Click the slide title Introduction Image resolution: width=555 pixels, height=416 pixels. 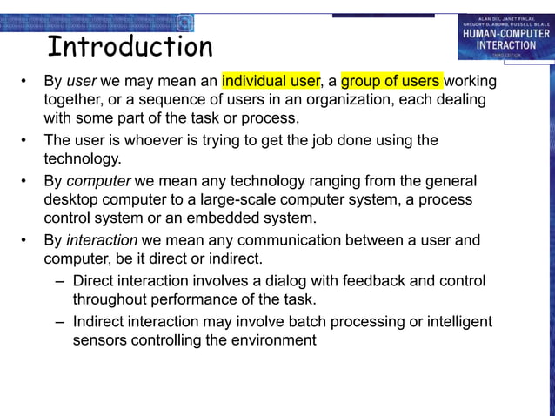[x=130, y=46]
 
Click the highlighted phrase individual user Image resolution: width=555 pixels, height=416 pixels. [x=271, y=82]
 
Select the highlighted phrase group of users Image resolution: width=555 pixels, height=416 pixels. [x=391, y=82]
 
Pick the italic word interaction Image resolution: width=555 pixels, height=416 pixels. [x=102, y=240]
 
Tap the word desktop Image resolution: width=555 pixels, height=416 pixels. [x=74, y=199]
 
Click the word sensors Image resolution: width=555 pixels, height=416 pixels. [x=99, y=340]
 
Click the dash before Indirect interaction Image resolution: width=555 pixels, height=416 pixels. [x=58, y=322]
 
